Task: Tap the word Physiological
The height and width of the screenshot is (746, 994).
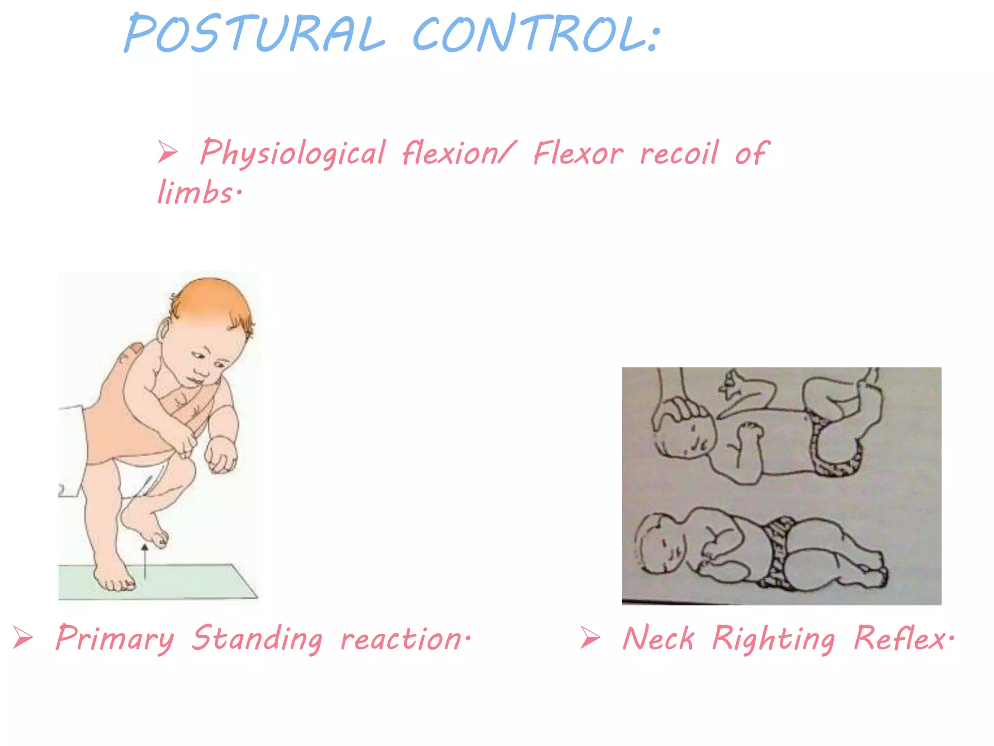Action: point(293,153)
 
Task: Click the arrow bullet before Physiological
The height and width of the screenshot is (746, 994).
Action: point(167,152)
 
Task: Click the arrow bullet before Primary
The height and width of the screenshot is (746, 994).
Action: point(23,637)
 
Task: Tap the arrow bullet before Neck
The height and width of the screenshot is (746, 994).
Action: point(590,637)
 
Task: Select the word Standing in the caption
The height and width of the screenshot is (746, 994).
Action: point(257,638)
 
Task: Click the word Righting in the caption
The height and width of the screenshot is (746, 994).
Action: point(774,638)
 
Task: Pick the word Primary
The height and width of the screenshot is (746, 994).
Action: point(115,638)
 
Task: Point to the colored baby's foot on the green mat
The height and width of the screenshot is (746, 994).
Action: point(115,578)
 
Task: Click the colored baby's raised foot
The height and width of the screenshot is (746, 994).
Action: point(146,527)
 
